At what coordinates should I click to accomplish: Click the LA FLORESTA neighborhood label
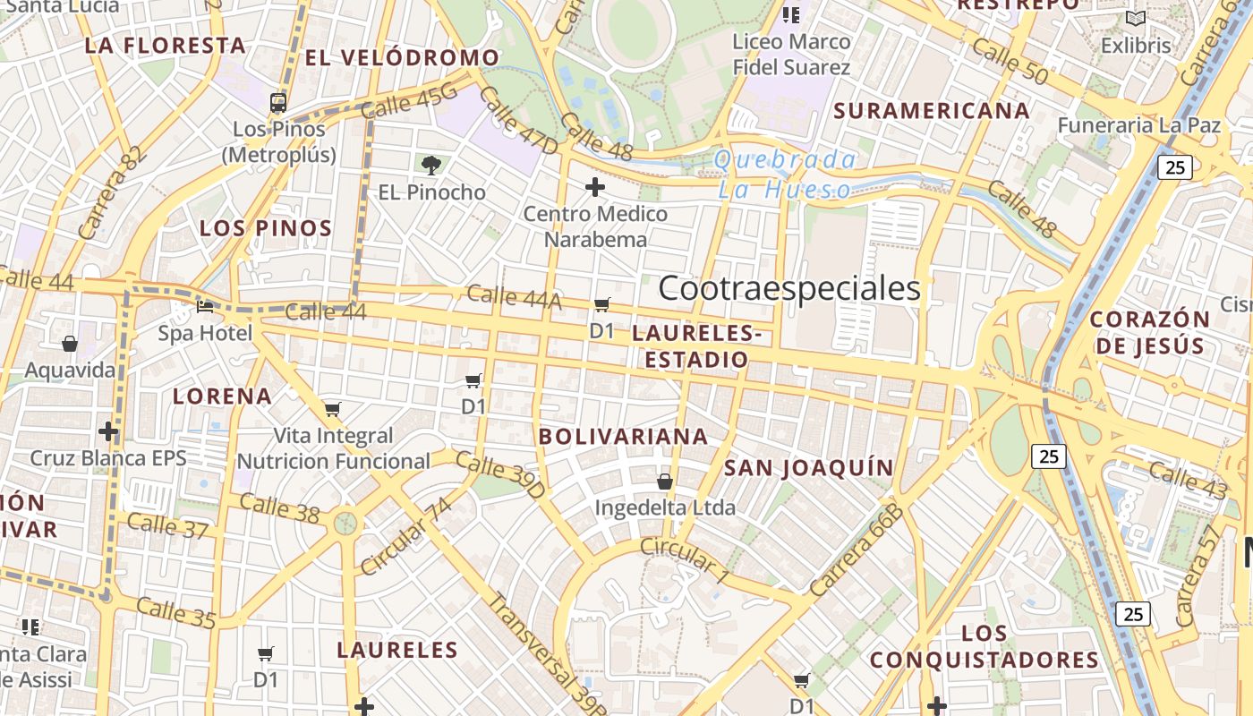(x=165, y=46)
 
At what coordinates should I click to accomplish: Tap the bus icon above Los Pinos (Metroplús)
(x=278, y=102)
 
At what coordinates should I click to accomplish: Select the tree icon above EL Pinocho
(x=431, y=165)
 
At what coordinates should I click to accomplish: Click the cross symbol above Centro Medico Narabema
(x=595, y=187)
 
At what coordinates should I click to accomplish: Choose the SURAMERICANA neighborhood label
(x=931, y=111)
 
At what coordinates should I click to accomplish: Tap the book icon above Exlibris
(x=1136, y=19)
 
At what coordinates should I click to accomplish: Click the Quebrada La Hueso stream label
(x=785, y=175)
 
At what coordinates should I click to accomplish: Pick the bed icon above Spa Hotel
(x=205, y=307)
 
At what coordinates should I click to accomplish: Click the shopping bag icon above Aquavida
(x=70, y=344)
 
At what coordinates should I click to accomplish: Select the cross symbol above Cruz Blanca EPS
(x=108, y=432)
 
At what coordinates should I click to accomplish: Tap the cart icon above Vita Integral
(x=333, y=410)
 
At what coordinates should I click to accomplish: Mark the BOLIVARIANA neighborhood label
(x=623, y=437)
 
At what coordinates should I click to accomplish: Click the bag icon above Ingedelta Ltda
(x=665, y=482)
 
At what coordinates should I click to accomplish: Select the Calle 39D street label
(x=500, y=475)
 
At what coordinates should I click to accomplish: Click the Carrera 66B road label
(x=854, y=550)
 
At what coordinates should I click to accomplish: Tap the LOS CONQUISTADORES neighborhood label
(x=984, y=647)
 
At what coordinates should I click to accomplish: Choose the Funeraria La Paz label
(x=1138, y=125)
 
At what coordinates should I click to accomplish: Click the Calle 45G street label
(x=410, y=100)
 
